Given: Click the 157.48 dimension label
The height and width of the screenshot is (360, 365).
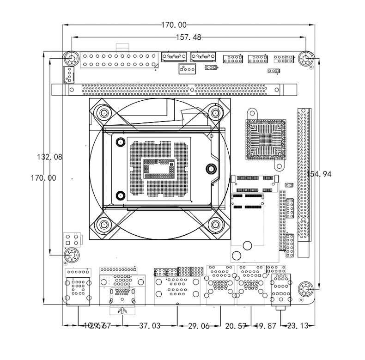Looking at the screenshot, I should point(189,37).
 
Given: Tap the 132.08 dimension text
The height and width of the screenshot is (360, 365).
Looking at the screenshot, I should point(49,157).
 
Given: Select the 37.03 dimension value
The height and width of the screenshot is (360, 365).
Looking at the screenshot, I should point(149,326).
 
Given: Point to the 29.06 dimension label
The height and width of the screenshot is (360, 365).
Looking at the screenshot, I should point(199,326).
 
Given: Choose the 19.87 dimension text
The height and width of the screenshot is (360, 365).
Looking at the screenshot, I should point(265,326).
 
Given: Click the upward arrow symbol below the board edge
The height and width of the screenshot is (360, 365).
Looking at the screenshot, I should point(122,311).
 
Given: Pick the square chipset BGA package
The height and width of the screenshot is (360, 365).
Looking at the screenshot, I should point(265,140).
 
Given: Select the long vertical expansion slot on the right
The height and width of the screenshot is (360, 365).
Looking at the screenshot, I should point(303,176).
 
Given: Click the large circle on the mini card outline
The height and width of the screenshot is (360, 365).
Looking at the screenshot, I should point(237,255).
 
